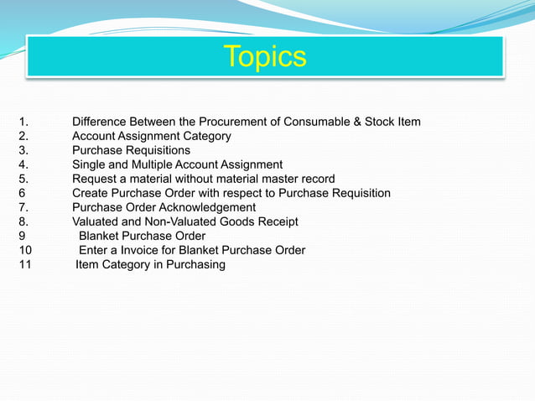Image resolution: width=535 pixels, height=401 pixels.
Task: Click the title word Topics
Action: (265, 57)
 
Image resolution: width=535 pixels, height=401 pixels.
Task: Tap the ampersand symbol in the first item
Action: (356, 122)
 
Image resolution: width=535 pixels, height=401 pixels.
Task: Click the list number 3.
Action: (23, 151)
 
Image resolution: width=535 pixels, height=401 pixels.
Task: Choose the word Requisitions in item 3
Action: (158, 151)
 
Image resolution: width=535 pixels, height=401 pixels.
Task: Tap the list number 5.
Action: (23, 180)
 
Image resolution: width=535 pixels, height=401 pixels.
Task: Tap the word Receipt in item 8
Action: (277, 222)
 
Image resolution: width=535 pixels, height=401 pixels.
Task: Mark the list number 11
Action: (25, 265)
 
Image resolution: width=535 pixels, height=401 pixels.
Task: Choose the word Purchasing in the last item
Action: (195, 265)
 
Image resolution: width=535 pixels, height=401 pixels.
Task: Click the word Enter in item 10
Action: (94, 251)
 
